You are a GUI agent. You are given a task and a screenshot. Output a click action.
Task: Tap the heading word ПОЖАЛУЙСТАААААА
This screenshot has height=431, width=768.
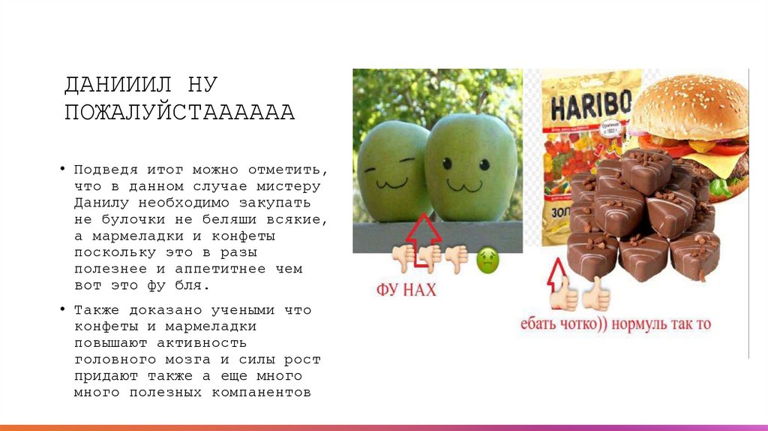[179, 113]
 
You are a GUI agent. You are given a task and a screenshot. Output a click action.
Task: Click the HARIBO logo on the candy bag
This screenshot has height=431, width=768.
[592, 104]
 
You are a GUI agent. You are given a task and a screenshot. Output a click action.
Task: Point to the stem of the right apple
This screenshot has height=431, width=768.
[482, 102]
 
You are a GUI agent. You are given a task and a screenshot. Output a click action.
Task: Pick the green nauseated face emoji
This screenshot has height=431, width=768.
[487, 261]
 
